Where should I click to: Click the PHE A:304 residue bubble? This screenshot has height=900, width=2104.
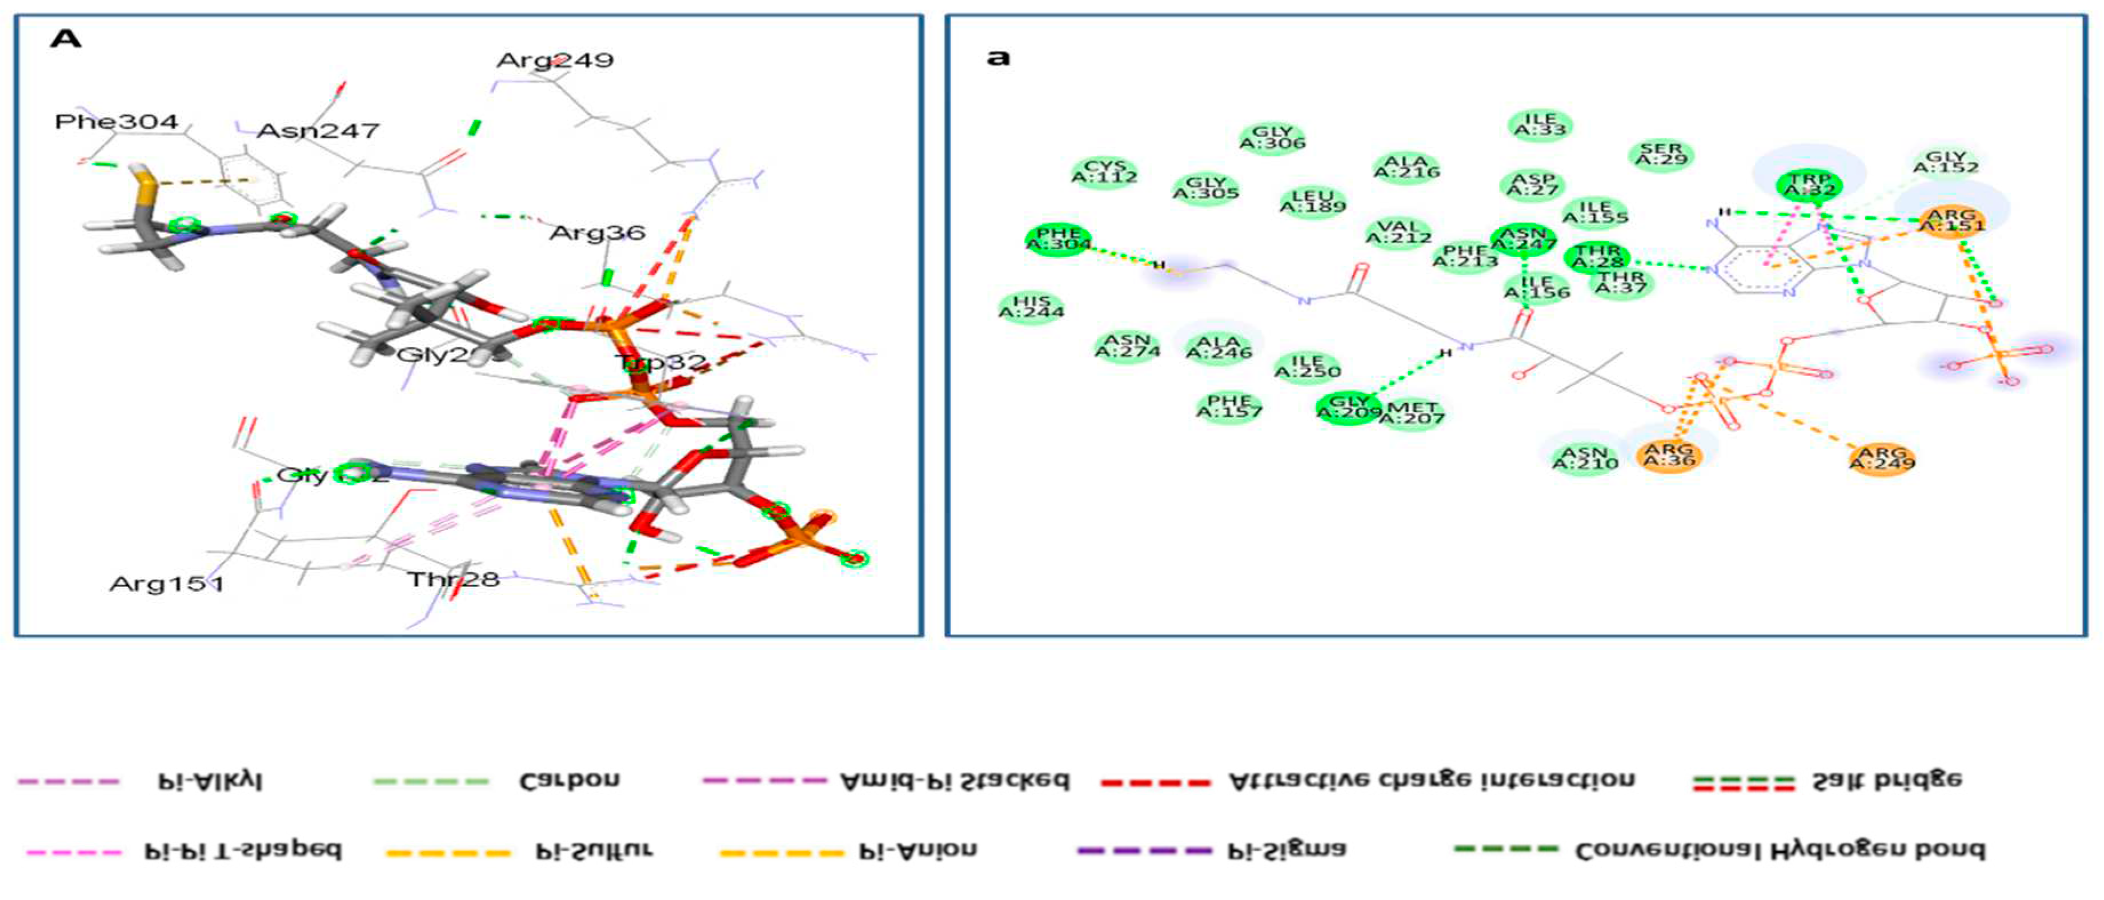click(1058, 239)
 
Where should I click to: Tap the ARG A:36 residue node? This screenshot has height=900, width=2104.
click(1669, 455)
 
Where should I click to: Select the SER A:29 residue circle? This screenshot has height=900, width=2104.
click(1661, 154)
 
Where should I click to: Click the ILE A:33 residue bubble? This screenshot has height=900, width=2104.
click(1540, 125)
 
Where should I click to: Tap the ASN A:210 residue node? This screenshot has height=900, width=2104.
click(1585, 458)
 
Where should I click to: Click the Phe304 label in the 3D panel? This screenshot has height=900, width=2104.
click(116, 123)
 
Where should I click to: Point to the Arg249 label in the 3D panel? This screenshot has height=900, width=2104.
click(555, 61)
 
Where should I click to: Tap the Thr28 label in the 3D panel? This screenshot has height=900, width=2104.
click(454, 580)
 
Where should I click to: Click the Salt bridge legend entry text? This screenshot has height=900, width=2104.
click(1887, 781)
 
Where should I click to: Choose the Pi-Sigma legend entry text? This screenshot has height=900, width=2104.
click(1287, 850)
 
